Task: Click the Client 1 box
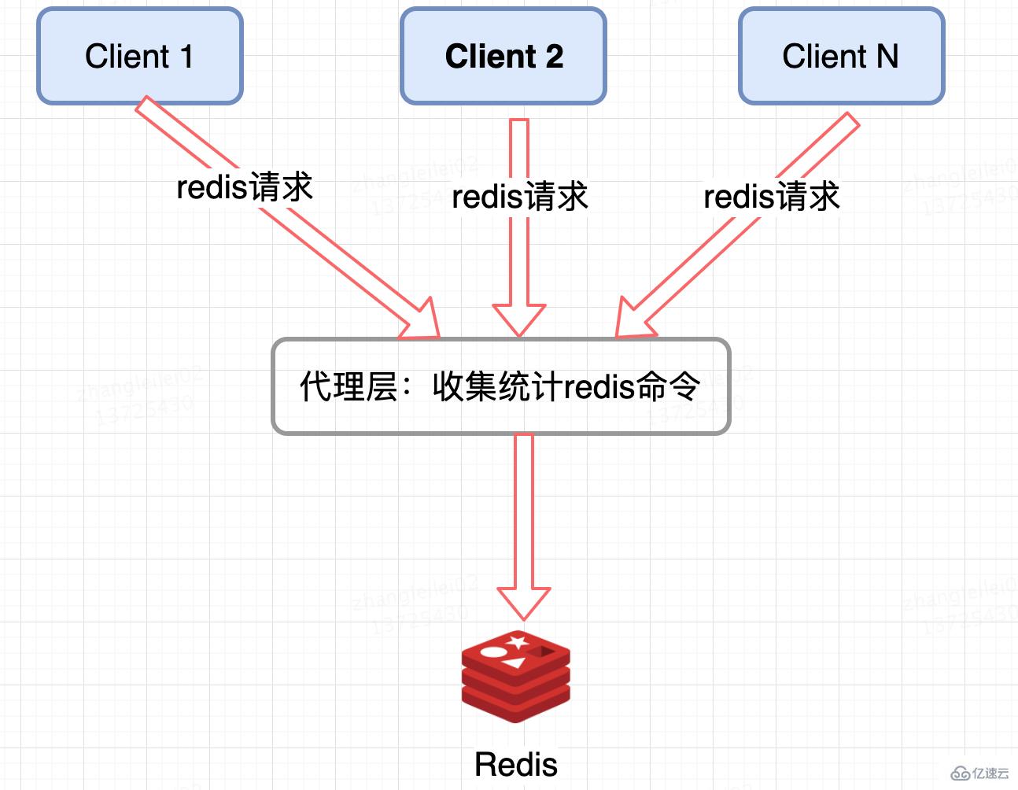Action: tap(139, 56)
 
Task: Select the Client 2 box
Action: tap(503, 56)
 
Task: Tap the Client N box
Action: tap(841, 56)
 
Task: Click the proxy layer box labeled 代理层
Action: tap(500, 386)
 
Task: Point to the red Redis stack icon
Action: tap(516, 675)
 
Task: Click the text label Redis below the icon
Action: tap(516, 764)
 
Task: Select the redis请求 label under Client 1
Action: tap(245, 187)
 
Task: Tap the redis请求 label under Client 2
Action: tap(519, 197)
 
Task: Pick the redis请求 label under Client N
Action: tap(771, 197)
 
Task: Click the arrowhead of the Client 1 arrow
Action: tap(421, 321)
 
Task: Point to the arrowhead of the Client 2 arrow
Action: tap(518, 319)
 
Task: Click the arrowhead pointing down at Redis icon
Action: tap(523, 602)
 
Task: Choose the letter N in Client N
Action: tap(887, 56)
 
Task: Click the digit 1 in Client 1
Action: tap(186, 56)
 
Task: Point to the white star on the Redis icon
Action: tap(517, 643)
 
